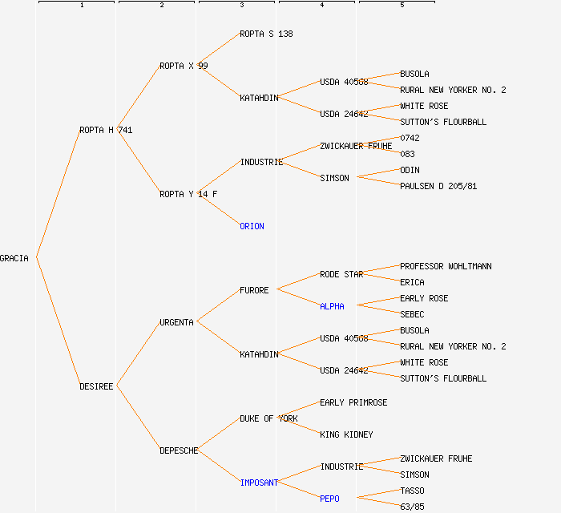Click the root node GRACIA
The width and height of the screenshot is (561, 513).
(14, 258)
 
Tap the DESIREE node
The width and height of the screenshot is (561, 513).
(96, 386)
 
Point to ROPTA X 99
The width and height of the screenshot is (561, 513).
(184, 66)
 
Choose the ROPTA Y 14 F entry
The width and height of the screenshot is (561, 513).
(188, 194)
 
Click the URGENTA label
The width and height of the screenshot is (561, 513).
(176, 322)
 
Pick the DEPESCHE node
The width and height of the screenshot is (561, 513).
(179, 450)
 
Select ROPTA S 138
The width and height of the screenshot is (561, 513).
(266, 34)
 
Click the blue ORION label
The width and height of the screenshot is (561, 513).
(252, 226)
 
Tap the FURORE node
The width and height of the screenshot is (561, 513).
(254, 290)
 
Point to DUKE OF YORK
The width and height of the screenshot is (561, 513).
(268, 418)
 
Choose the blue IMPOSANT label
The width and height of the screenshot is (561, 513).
(259, 483)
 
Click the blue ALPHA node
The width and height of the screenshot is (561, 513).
(332, 306)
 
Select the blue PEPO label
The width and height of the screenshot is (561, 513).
(329, 499)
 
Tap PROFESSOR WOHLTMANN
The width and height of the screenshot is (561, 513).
(446, 266)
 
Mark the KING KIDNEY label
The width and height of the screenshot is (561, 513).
(346, 434)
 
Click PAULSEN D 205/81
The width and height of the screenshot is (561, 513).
(438, 186)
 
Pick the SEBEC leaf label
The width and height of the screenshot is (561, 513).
(412, 314)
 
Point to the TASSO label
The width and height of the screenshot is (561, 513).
(412, 491)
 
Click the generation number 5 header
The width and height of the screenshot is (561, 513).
(402, 6)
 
